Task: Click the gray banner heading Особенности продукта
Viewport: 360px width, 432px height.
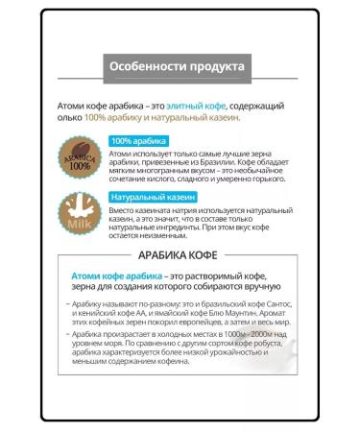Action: pyautogui.click(x=178, y=67)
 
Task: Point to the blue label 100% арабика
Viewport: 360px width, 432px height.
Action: pyautogui.click(x=139, y=141)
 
